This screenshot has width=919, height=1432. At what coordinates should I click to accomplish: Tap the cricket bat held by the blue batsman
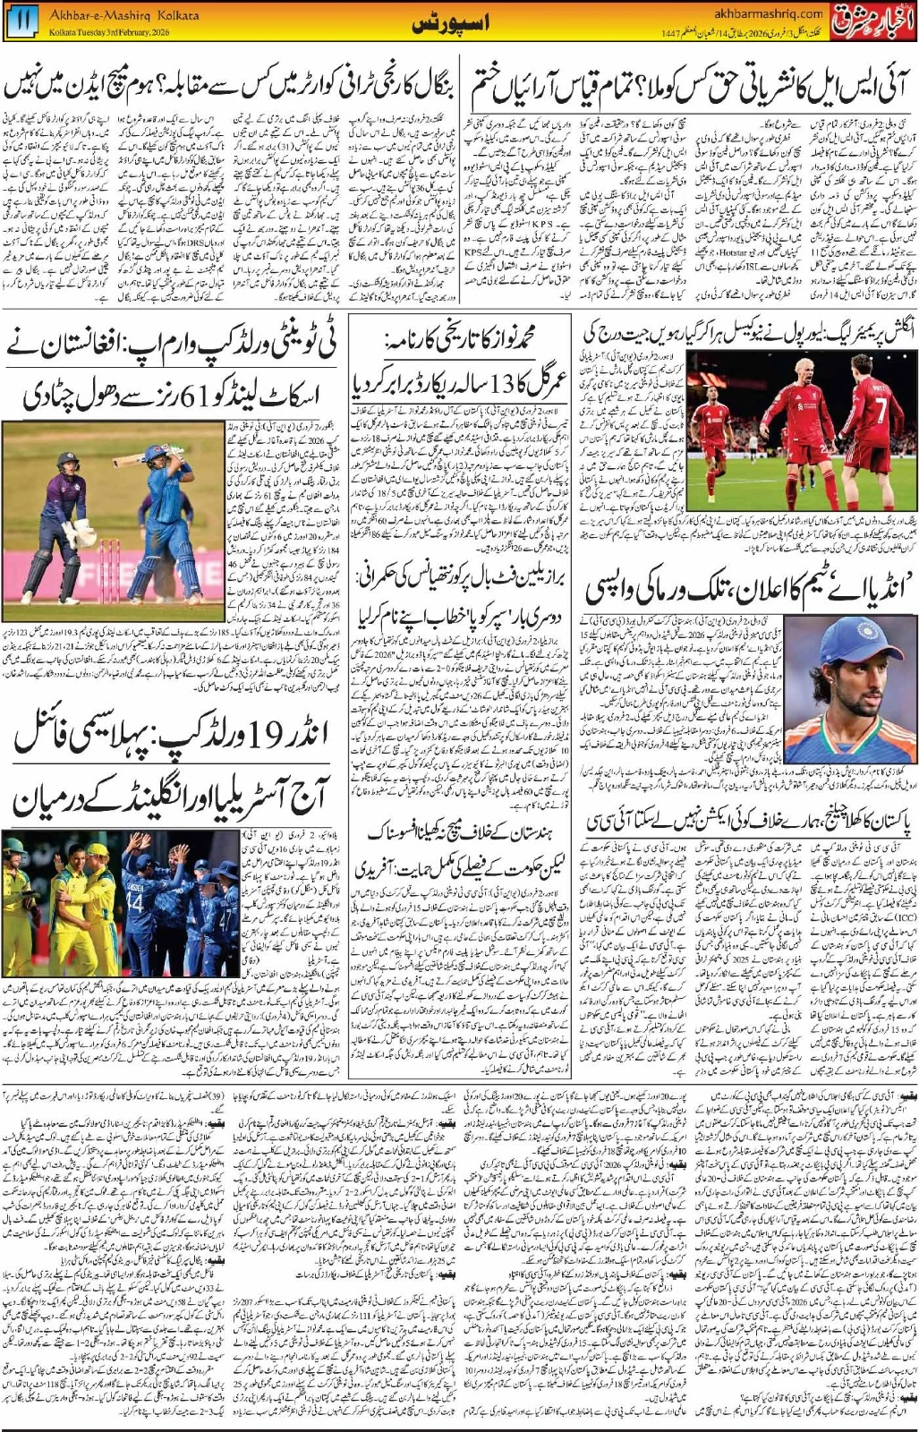[143, 456]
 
